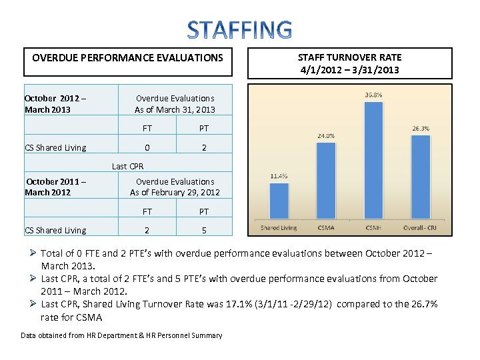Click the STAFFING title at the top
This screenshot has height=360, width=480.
click(x=239, y=30)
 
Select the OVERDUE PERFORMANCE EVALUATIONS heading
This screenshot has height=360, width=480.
click(x=127, y=58)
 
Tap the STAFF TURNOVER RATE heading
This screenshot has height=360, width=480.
click(x=349, y=63)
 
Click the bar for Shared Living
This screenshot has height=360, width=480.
click(x=279, y=201)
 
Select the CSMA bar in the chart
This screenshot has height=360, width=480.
click(x=326, y=181)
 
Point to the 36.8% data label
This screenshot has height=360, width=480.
click(x=374, y=95)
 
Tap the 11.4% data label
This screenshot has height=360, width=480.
click(x=279, y=176)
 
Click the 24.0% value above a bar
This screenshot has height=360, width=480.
click(x=325, y=135)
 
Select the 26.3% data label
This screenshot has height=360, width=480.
click(x=420, y=129)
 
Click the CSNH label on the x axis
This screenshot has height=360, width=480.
click(x=373, y=228)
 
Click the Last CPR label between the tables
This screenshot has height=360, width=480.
click(x=127, y=167)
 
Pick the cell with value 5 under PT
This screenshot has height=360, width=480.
click(x=204, y=231)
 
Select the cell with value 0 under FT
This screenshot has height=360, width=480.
click(x=147, y=148)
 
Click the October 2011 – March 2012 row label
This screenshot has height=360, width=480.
click(x=57, y=187)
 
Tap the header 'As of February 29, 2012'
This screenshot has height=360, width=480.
click(x=175, y=193)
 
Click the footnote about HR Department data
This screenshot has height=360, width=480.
click(x=121, y=335)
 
